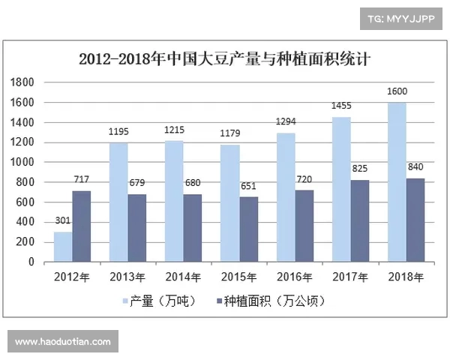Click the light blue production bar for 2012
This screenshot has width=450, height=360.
64,247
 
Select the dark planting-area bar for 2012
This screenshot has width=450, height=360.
82,226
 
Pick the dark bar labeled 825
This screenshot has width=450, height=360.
360,221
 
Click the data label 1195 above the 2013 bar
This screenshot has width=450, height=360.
118,132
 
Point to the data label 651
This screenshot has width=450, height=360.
249,186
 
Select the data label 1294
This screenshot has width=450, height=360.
286,121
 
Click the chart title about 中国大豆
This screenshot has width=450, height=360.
225,58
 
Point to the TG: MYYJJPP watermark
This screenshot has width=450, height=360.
400,19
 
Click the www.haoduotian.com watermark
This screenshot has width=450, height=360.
63,342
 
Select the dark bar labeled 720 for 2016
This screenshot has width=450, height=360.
304,226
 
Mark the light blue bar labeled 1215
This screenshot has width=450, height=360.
175,201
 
